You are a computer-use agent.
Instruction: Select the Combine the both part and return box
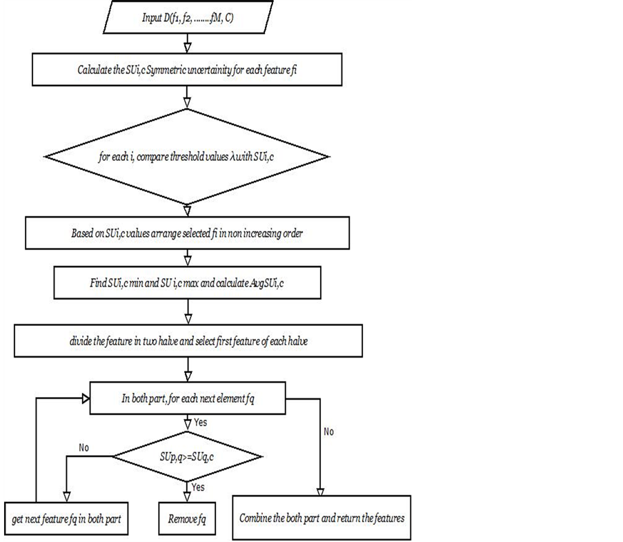tap(322, 517)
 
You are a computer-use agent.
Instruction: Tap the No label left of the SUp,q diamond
tap(85, 447)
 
